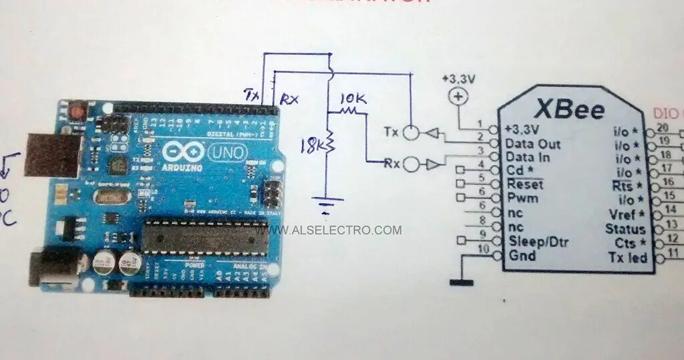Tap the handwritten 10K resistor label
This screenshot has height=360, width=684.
pyautogui.click(x=353, y=99)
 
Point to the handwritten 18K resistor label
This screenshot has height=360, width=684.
pyautogui.click(x=312, y=144)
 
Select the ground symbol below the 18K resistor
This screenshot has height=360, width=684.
pyautogui.click(x=328, y=200)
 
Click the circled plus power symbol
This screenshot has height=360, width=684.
pyautogui.click(x=458, y=97)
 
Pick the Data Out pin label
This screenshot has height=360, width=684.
pyautogui.click(x=532, y=143)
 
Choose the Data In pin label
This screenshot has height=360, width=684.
pyautogui.click(x=528, y=157)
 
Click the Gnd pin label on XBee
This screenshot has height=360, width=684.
pyautogui.click(x=522, y=255)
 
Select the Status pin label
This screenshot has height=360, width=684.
pyautogui.click(x=625, y=229)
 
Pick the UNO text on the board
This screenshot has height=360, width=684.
pyautogui.click(x=228, y=154)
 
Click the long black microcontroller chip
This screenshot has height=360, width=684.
pyautogui.click(x=206, y=237)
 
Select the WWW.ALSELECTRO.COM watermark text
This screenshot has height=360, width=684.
pyautogui.click(x=336, y=230)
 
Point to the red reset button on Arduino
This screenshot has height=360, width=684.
pyautogui.click(x=78, y=110)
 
